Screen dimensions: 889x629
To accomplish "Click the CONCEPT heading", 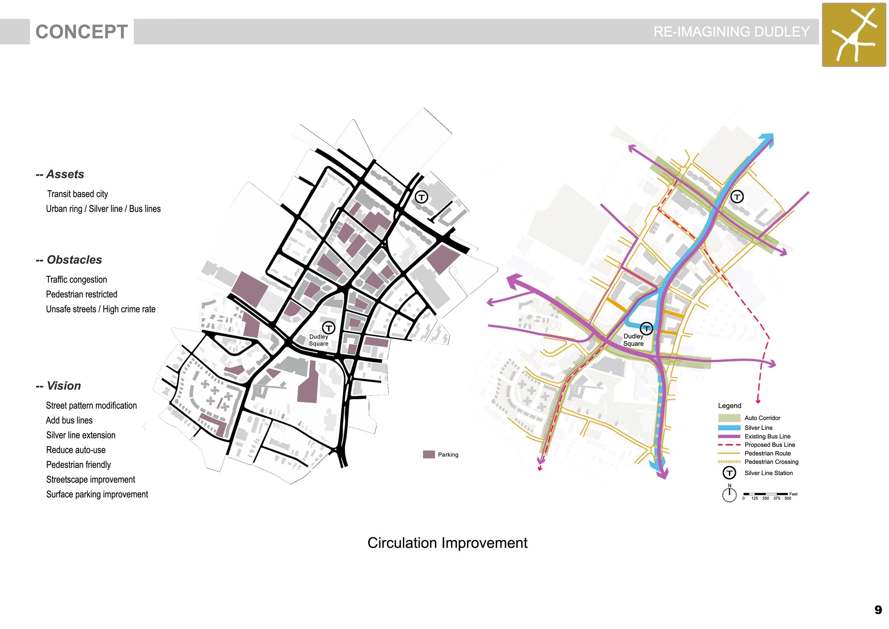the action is point(82,32).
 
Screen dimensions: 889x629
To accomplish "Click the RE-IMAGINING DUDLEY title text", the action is point(731,31).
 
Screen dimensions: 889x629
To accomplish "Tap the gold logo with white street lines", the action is point(854,35).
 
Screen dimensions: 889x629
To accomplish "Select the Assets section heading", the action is point(60,174).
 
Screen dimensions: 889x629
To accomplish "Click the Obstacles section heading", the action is point(69,260).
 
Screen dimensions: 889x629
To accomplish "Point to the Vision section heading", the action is point(59,386).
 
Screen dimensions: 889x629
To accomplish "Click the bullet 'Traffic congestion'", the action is point(76,280).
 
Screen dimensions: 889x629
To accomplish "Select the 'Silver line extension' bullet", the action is point(81,435).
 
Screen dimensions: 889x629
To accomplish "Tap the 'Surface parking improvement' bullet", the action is point(97,495).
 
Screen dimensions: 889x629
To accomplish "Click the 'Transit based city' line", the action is point(78,194).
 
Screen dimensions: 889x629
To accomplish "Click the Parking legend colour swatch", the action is point(429,454).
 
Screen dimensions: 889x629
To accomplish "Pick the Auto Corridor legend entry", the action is point(749,418).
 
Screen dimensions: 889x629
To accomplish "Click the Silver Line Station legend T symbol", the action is point(729,473).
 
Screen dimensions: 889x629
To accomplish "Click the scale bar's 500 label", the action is point(788,499).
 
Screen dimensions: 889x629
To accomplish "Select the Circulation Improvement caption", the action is point(447,543).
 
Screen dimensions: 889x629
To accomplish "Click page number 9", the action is point(878,610).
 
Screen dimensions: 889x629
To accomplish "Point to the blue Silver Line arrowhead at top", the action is point(767,140).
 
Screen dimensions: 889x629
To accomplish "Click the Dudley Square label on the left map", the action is point(319,340).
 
